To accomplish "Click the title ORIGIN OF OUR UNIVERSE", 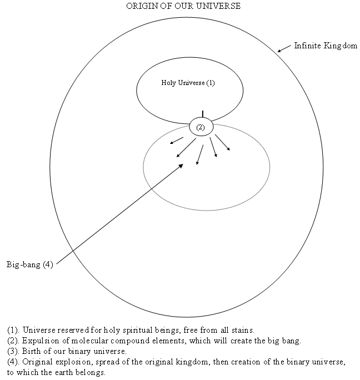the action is (183, 6).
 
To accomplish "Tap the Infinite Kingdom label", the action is (326, 46).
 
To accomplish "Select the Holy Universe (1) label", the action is (188, 83).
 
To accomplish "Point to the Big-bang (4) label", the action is (30, 264).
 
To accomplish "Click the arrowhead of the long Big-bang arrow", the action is (181, 166).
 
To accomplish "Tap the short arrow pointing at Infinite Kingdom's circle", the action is (284, 48).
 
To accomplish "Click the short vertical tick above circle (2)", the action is (203, 114).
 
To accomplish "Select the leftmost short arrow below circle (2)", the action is (177, 141).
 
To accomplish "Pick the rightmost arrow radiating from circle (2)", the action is (223, 142).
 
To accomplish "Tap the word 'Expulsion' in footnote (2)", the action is (41, 341).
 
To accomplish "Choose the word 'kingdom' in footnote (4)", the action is (193, 362).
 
